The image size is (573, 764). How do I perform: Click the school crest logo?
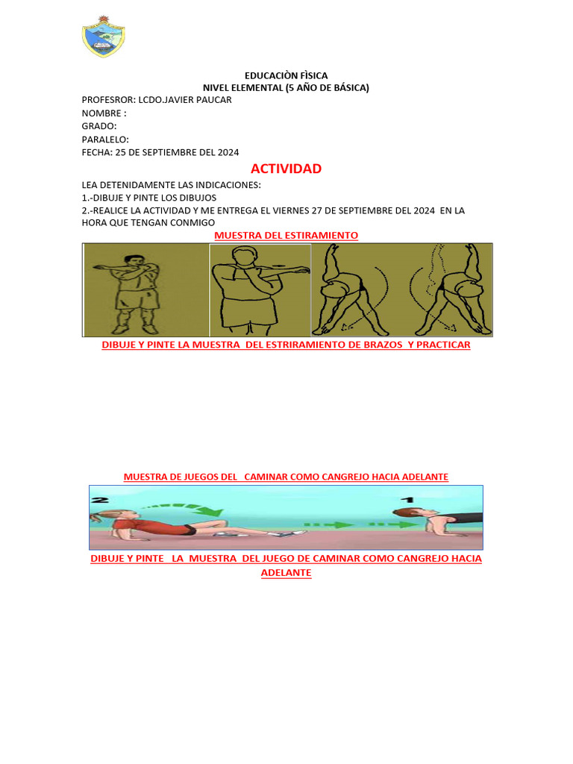(103, 37)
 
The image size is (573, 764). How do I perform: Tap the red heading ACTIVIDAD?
(286, 169)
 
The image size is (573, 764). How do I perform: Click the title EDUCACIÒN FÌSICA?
(286, 75)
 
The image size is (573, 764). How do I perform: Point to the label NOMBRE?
(101, 113)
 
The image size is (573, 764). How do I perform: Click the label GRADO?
(98, 126)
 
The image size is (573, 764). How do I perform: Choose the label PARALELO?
(104, 140)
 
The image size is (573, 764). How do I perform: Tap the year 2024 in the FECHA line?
(228, 152)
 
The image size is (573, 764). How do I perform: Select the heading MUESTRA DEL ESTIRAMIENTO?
(286, 235)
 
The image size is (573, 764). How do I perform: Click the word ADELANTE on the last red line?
(286, 573)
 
